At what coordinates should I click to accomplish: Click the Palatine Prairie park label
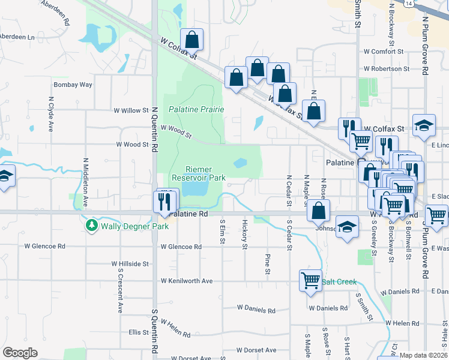pos(196,109)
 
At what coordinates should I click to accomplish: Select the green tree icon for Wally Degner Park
pos(92,226)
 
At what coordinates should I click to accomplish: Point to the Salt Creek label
pos(339,281)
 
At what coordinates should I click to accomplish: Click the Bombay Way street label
pos(73,85)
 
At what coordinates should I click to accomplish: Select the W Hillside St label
pos(130,263)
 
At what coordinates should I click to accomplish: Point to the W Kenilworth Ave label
pos(187,281)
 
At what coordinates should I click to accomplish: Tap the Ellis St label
pos(138,332)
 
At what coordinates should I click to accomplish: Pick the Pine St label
pos(267,264)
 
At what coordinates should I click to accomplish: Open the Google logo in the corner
pos(20,353)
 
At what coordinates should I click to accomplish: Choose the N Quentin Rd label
pos(154,128)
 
